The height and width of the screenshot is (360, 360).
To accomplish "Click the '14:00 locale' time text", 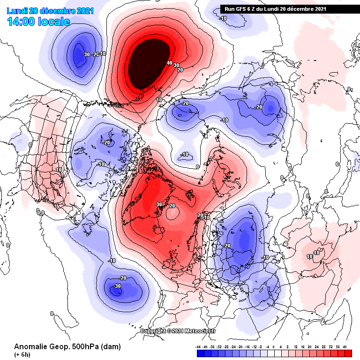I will (38, 22).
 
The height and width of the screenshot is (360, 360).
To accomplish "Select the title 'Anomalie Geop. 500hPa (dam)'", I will (67, 347).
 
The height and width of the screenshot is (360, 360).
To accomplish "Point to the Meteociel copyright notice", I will (178, 331).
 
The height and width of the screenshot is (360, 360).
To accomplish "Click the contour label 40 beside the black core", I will (169, 63).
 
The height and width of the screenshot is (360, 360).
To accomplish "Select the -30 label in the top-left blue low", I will (85, 54).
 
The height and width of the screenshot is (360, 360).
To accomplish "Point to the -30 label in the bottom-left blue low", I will (117, 286).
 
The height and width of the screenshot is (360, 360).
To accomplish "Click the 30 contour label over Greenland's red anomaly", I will (159, 204).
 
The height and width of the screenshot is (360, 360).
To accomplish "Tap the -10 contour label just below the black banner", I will (223, 19).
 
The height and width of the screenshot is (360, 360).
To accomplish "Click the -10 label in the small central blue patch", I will (185, 154).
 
